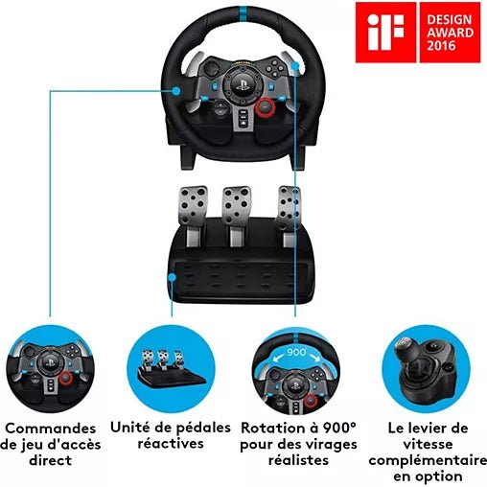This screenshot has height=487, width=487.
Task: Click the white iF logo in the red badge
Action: click(x=385, y=33)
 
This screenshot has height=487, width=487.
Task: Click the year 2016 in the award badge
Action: click(x=441, y=46)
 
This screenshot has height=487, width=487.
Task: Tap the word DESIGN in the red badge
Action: click(x=450, y=19)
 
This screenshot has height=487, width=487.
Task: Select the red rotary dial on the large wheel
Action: click(x=266, y=106)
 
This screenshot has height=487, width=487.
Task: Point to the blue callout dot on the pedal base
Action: click(x=173, y=277)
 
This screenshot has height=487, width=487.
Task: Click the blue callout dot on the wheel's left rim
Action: click(x=175, y=91)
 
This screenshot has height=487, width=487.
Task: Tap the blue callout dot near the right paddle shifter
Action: click(x=295, y=66)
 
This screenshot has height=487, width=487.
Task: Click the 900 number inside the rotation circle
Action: click(x=296, y=352)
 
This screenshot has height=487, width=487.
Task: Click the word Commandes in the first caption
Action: click(x=51, y=429)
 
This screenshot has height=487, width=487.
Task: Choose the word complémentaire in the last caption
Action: click(x=428, y=461)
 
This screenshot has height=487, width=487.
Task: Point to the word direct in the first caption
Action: click(x=51, y=460)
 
